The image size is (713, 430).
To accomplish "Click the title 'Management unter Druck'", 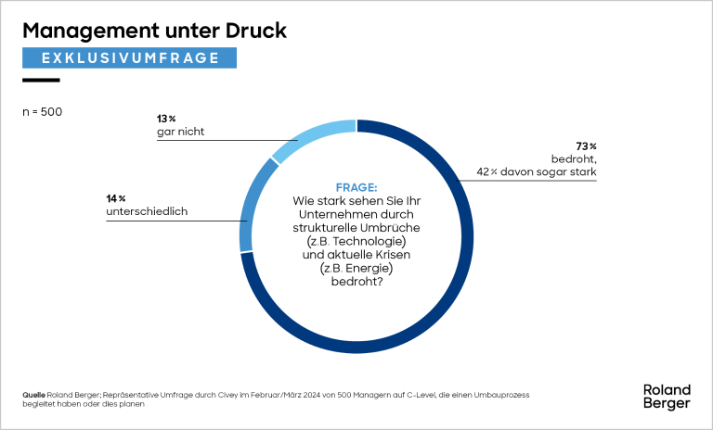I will pyautogui.click(x=154, y=31).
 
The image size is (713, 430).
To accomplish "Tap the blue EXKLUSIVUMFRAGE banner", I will pyautogui.click(x=130, y=57).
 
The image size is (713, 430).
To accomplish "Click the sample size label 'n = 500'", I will pyautogui.click(x=42, y=112).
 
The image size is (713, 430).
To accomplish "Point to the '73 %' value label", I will pyautogui.click(x=585, y=146).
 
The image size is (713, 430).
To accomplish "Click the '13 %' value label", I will pyautogui.click(x=166, y=119).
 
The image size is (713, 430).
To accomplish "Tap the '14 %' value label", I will pyautogui.click(x=116, y=198).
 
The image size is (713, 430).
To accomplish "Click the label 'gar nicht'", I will pyautogui.click(x=180, y=133).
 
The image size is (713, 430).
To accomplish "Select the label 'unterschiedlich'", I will pyautogui.click(x=148, y=212).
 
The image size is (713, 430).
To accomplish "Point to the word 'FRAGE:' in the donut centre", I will pyautogui.click(x=356, y=186).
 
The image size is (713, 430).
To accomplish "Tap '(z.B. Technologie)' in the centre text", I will pyautogui.click(x=356, y=240).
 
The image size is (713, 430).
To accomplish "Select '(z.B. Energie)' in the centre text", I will pyautogui.click(x=356, y=268).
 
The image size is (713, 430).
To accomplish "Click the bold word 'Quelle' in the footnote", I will pyautogui.click(x=33, y=395).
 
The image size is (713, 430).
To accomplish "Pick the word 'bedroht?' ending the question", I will pyautogui.click(x=356, y=282).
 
